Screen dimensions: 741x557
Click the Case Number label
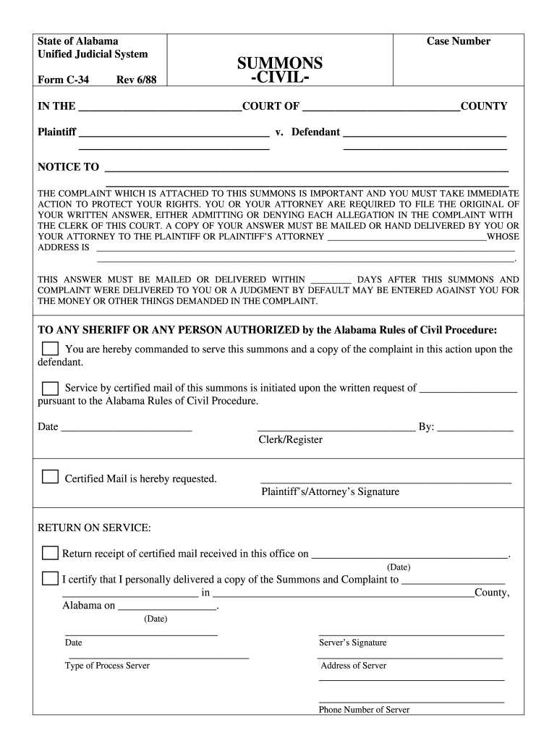[458, 41]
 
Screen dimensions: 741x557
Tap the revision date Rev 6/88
[136, 80]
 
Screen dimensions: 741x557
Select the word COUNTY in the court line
[484, 106]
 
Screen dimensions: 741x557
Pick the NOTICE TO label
[68, 167]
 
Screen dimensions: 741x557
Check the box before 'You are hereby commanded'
[50, 350]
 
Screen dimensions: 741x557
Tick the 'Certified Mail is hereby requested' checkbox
[50, 477]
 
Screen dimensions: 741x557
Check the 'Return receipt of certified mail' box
[50, 554]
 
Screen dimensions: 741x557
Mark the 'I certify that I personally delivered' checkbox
[50, 578]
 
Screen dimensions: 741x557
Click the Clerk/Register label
[291, 440]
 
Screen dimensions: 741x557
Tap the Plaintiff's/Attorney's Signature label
[330, 492]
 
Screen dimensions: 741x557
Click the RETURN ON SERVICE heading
[94, 528]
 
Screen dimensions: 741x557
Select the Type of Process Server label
[107, 666]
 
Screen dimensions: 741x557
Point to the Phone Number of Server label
[364, 710]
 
